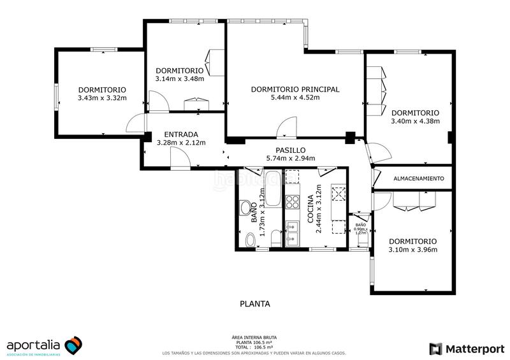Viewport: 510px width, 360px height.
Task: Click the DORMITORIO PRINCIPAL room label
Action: [x=295, y=89]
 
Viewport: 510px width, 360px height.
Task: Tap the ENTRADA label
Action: [x=181, y=134]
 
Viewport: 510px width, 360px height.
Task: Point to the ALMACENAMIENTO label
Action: [x=418, y=179]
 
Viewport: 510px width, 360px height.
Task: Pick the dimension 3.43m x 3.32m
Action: [x=102, y=98]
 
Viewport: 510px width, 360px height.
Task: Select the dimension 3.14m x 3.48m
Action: [x=179, y=79]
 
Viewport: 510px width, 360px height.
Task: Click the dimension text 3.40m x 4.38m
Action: [x=415, y=121]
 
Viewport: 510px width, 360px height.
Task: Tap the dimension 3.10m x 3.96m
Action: [x=412, y=250]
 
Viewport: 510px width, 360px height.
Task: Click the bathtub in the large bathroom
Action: [x=273, y=187]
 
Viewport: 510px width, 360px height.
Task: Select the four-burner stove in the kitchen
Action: [x=293, y=202]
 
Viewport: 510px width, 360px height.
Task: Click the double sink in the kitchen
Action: [x=293, y=233]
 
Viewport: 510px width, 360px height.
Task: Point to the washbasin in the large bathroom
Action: [x=245, y=207]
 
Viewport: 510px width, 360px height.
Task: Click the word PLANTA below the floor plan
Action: [x=255, y=304]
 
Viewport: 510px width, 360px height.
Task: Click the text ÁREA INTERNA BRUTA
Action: [x=255, y=337]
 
